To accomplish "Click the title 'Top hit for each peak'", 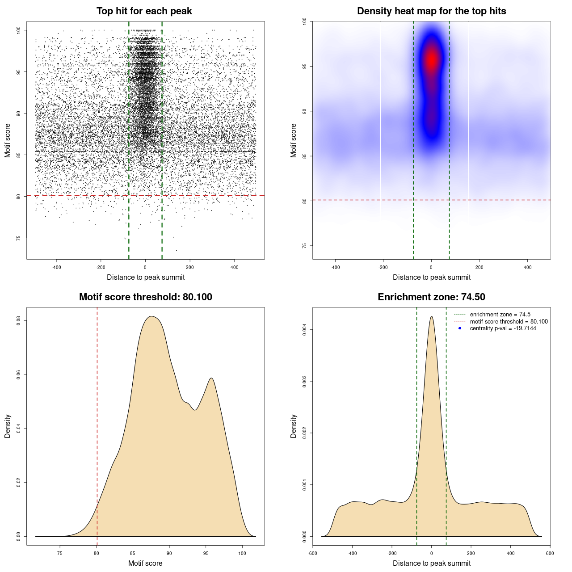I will point(144,11).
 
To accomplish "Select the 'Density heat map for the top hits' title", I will point(431,11).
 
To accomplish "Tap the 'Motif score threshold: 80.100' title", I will point(145,297).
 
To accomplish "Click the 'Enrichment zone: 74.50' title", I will point(431,297).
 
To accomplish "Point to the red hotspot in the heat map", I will point(431,59).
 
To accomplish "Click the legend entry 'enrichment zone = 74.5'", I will point(500,315).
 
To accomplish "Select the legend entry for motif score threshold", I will point(509,321).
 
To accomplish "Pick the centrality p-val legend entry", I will point(503,328).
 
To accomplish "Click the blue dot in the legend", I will point(460,328).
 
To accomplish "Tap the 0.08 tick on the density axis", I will point(18,320).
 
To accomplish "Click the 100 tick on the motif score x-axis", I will point(242,553).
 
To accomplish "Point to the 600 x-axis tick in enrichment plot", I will point(550,553).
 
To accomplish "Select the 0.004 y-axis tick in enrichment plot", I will point(304,330).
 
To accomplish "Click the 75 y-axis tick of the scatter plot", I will point(18,238).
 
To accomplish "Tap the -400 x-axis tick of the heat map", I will point(335,267).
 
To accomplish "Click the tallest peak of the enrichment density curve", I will point(431,316).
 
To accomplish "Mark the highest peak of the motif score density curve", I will point(152,316).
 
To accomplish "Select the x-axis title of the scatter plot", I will point(146,278).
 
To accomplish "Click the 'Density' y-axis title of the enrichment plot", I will point(294,426).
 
